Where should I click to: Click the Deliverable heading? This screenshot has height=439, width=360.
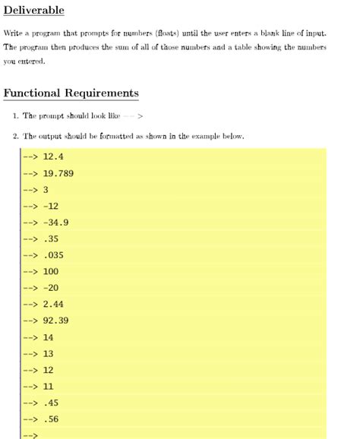click(x=33, y=10)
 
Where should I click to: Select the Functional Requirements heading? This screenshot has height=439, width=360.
click(x=71, y=93)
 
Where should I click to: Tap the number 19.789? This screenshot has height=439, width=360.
click(x=58, y=173)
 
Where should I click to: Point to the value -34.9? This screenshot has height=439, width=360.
click(x=56, y=223)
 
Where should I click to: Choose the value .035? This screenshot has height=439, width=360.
click(x=54, y=255)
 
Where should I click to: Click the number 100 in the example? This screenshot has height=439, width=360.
click(x=51, y=271)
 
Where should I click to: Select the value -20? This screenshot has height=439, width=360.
click(x=51, y=288)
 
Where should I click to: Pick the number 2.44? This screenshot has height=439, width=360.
click(x=53, y=304)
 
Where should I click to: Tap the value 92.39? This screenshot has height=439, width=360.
click(x=56, y=321)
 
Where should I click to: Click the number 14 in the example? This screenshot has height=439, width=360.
click(x=49, y=337)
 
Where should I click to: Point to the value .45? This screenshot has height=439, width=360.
click(x=51, y=403)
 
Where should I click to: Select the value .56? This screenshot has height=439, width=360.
click(x=51, y=419)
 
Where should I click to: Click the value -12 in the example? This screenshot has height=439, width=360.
click(x=51, y=206)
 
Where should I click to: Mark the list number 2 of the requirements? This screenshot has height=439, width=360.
click(x=15, y=137)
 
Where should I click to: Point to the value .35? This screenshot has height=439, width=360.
click(x=51, y=238)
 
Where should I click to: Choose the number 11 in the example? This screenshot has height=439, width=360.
click(x=49, y=386)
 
